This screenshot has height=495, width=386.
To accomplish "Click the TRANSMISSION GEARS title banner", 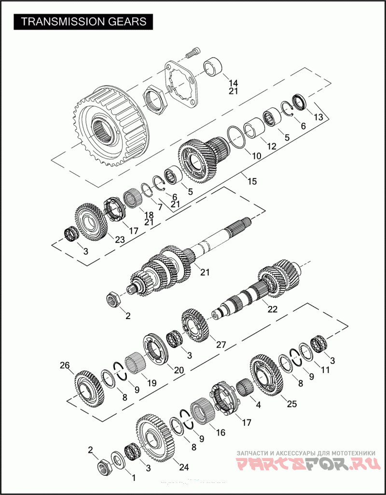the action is coord(83,21).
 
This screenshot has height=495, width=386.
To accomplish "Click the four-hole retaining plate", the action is coord(181,84).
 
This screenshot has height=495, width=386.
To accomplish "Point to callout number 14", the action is coord(233,83).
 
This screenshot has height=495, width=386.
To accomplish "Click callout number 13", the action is coord(318,117).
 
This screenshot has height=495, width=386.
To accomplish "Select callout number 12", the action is coord(271,146).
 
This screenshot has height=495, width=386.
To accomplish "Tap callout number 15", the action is coord(252,182).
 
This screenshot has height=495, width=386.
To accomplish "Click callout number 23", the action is coord(120,240).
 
